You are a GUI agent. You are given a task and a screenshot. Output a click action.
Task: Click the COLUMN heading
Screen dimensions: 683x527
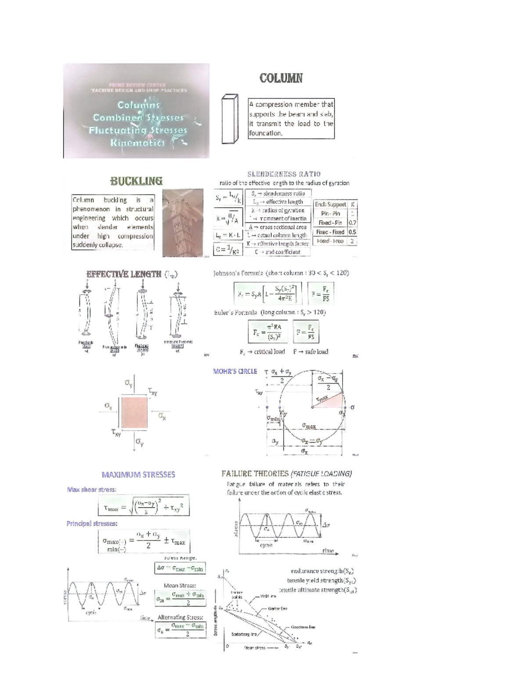pyautogui.click(x=281, y=78)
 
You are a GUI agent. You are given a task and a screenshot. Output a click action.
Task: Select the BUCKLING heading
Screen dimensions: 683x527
pyautogui.click(x=136, y=181)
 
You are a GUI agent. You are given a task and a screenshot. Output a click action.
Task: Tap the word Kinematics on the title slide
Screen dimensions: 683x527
pyautogui.click(x=137, y=142)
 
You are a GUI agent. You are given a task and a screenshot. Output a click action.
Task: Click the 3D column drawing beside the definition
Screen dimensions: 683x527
pyautogui.click(x=230, y=119)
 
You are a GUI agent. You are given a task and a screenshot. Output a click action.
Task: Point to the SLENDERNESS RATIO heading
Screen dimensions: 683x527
pyautogui.click(x=284, y=174)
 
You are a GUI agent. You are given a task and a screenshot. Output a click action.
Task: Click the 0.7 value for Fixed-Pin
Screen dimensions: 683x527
pyautogui.click(x=352, y=223)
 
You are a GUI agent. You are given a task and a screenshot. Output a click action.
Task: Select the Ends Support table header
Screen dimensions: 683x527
pyautogui.click(x=330, y=204)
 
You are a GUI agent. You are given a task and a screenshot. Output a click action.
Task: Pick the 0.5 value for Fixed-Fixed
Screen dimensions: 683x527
pyautogui.click(x=352, y=232)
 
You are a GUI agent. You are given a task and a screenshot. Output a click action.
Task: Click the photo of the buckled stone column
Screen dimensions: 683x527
pyautogui.click(x=183, y=223)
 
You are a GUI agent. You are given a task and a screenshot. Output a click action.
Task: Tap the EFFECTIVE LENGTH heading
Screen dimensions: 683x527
pyautogui.click(x=124, y=274)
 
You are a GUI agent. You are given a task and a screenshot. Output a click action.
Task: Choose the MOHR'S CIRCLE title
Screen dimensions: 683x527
pyautogui.click(x=235, y=371)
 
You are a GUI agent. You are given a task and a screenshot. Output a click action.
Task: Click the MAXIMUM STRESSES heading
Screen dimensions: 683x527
pyautogui.click(x=138, y=475)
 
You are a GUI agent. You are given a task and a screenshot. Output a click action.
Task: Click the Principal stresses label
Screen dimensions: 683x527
pyautogui.click(x=92, y=523)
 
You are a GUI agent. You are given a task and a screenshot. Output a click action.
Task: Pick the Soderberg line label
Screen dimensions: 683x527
pyautogui.click(x=244, y=634)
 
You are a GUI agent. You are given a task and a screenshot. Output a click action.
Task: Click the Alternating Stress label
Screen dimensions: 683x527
pyautogui.click(x=180, y=617)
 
